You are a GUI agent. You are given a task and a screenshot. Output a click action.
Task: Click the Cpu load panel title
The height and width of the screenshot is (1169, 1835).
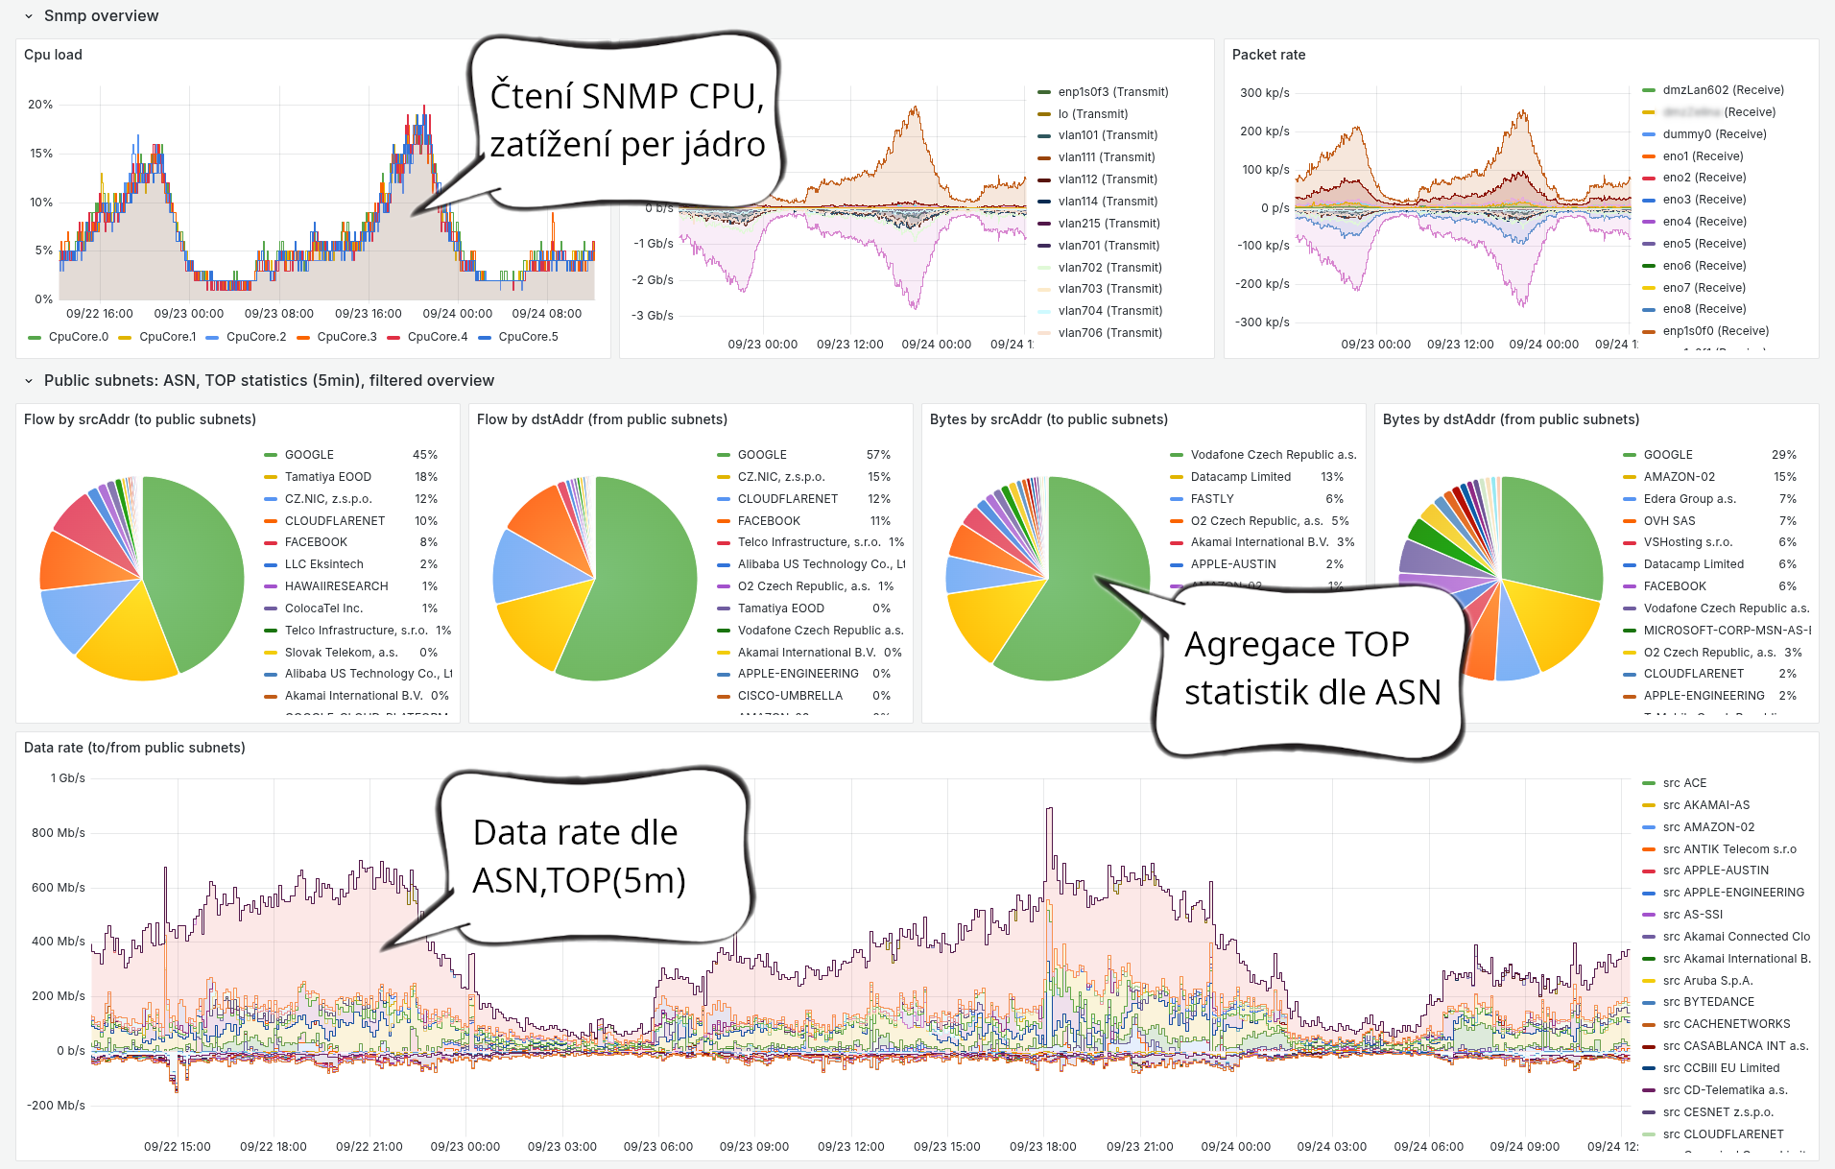pos(53,55)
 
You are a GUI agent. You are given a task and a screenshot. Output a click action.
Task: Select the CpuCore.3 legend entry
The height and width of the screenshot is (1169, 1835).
pos(346,337)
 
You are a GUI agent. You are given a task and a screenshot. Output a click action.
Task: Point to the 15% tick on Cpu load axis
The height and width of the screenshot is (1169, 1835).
pos(40,154)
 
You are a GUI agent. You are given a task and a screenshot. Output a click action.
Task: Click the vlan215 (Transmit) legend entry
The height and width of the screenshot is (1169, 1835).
pos(1108,224)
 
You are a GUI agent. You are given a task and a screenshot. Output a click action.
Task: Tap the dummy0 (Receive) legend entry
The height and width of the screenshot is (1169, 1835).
pos(1714,134)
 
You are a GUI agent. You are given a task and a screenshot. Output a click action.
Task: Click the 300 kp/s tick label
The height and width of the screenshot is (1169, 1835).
pos(1264,93)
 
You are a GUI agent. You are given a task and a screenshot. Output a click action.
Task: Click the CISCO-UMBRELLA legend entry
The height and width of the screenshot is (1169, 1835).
pos(790,696)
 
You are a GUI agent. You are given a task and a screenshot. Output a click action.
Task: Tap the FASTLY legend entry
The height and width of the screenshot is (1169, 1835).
pos(1212,499)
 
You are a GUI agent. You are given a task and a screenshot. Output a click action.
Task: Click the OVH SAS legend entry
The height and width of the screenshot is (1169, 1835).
pos(1669,521)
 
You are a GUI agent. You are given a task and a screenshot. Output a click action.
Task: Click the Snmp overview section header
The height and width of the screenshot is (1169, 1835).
pos(101,15)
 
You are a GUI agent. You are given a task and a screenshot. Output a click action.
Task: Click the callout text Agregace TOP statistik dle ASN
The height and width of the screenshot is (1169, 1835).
pos(1311,669)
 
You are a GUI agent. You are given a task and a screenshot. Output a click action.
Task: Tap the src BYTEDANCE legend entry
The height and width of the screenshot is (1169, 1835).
pos(1707,1002)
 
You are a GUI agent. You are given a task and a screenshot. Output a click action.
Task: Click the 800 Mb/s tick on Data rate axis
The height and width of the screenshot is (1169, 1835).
pos(58,833)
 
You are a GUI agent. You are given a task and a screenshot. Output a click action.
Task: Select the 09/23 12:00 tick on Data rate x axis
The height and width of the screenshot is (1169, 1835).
pos(850,1147)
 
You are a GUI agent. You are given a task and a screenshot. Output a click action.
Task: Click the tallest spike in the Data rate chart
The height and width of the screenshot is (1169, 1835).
pos(1049,811)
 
